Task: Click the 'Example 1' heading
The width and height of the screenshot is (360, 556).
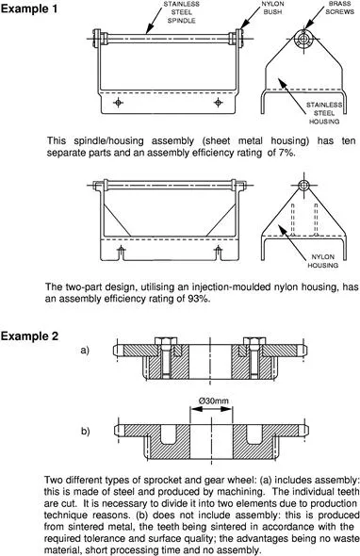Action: tap(29, 8)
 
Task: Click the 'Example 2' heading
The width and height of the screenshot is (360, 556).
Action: tap(29, 335)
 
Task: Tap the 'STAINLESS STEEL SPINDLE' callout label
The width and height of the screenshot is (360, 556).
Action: tap(181, 12)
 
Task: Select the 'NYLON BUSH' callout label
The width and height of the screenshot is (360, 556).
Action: tap(272, 8)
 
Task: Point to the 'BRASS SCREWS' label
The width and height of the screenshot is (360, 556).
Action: tap(339, 8)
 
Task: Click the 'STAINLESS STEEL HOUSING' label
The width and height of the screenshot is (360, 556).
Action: tap(324, 113)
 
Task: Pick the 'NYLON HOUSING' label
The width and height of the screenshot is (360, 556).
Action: tap(322, 261)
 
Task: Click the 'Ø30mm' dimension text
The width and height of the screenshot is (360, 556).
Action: tap(214, 401)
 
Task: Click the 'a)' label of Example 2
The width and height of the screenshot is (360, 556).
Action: tap(85, 351)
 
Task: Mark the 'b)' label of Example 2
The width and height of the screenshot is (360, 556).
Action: tap(86, 432)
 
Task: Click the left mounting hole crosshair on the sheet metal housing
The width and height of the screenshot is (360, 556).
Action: tap(118, 103)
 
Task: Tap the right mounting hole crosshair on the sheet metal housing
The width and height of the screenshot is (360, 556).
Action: tap(218, 103)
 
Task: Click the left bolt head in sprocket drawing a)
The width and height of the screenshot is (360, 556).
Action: tap(166, 341)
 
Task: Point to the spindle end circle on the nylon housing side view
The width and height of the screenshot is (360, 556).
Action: tap(303, 185)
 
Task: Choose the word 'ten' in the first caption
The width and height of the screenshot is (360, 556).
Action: tap(349, 141)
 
